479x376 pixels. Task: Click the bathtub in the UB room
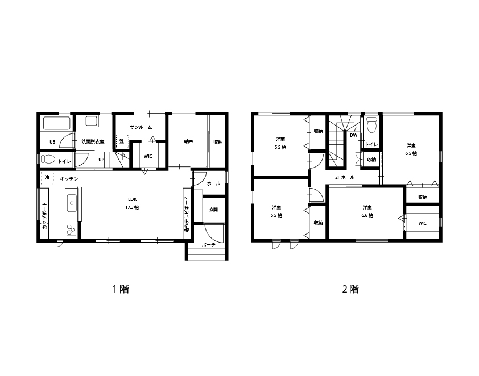pos(56,123)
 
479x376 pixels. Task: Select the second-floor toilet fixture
pos(371,125)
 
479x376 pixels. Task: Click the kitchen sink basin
pos(72,203)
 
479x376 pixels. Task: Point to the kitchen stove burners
pos(72,229)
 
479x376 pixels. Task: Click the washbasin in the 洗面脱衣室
pos(92,122)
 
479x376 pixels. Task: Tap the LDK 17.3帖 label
pos(133,203)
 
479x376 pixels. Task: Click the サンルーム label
pos(141,127)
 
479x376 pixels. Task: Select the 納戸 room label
pos(188,142)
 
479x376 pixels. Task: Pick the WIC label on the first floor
pos(148,156)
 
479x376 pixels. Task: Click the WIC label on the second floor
pos(422,223)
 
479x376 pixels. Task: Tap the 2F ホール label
pos(345,177)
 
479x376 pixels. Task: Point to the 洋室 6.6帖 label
pos(367,211)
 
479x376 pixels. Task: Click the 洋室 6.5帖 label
pos(411,149)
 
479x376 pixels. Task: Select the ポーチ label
pos(209,245)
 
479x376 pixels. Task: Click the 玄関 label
pos(213,210)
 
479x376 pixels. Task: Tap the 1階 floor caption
pos(121,289)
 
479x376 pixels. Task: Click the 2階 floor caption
pos(350,289)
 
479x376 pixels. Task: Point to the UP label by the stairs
pos(101,160)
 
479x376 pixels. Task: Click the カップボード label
pos(44,216)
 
